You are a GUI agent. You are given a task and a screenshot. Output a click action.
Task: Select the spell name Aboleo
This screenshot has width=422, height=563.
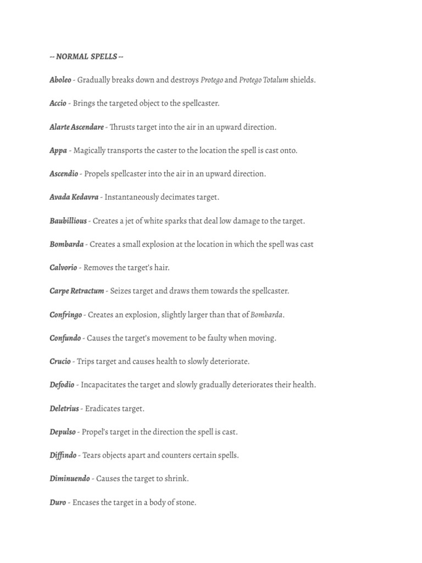coord(60,80)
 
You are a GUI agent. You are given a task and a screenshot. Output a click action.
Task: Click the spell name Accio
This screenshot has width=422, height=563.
coord(58,103)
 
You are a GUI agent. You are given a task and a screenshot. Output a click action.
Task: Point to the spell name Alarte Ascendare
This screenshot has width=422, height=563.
coord(76,127)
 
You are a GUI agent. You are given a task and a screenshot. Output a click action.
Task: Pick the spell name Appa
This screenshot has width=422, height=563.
coord(58,151)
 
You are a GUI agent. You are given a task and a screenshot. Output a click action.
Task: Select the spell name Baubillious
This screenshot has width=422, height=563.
coord(68,221)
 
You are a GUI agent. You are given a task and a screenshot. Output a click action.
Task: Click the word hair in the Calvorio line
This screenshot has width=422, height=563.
coord(160,268)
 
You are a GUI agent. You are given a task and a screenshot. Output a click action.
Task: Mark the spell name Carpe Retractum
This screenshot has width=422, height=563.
coord(76,291)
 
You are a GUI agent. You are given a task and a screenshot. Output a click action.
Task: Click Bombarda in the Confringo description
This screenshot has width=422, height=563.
coord(266,315)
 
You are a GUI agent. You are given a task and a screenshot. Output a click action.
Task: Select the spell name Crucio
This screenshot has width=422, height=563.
coord(60,362)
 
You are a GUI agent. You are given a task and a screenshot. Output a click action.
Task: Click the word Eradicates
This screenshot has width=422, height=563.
coord(104,409)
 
